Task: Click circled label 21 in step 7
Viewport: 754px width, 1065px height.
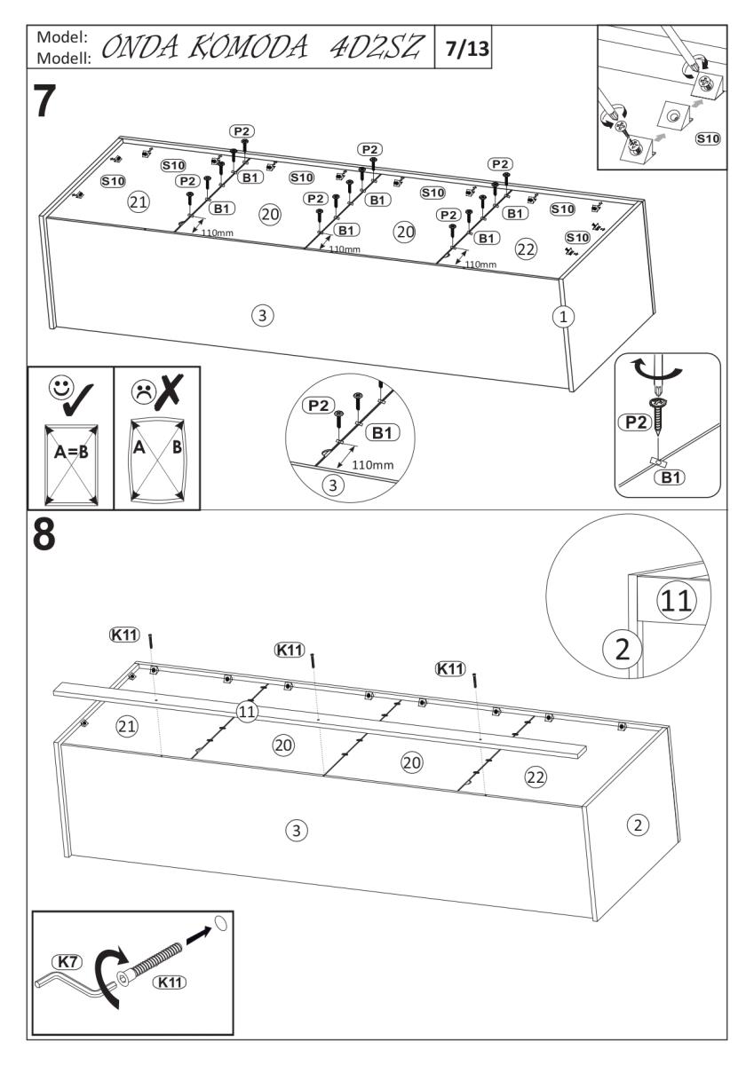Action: pyautogui.click(x=138, y=201)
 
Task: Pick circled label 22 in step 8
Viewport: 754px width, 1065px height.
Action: pyautogui.click(x=535, y=777)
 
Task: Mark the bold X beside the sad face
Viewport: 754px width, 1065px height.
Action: pyautogui.click(x=174, y=390)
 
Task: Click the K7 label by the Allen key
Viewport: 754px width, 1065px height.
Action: pyautogui.click(x=68, y=962)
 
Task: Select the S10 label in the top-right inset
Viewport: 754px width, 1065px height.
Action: pyautogui.click(x=707, y=138)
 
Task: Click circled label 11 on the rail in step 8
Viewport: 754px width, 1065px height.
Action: pyautogui.click(x=248, y=710)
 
